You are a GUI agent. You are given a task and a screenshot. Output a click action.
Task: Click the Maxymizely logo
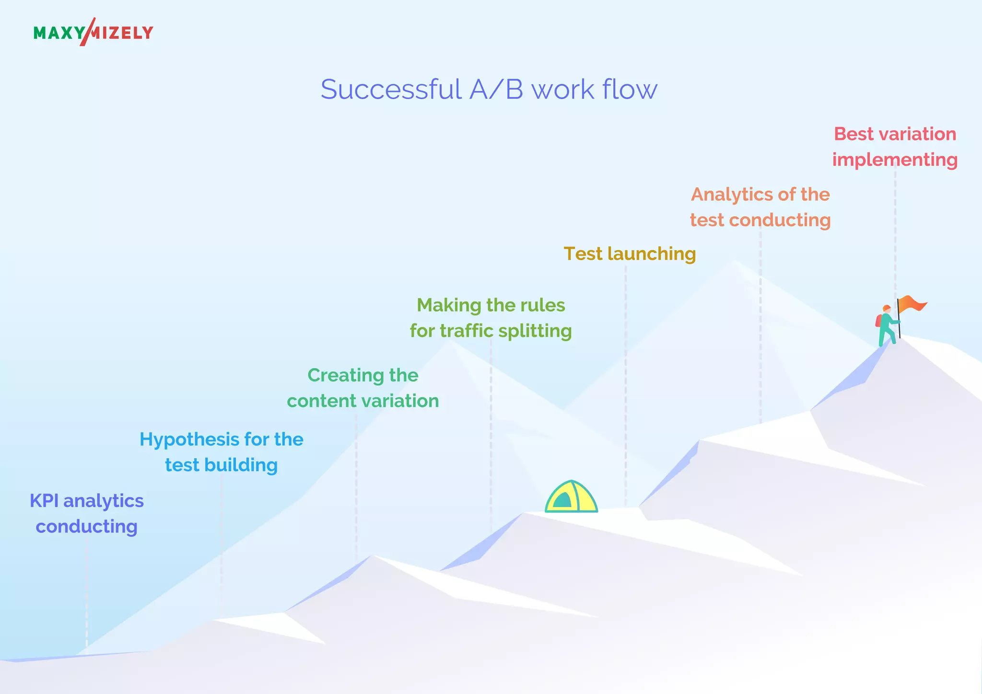[93, 32]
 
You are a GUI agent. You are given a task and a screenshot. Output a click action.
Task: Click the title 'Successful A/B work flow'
[489, 89]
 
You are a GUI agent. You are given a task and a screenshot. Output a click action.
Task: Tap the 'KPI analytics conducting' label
[87, 513]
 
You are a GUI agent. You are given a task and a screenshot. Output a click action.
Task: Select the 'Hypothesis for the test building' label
[221, 452]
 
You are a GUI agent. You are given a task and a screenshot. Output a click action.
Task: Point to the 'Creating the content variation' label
[362, 388]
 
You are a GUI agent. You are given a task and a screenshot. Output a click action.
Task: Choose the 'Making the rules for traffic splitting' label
[491, 318]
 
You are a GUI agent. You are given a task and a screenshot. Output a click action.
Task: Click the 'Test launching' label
[629, 254]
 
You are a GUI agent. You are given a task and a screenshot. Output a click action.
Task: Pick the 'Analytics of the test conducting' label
[760, 207]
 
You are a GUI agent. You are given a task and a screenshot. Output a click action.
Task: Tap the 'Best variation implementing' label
[895, 147]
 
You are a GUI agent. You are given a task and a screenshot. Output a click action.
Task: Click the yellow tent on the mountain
[571, 497]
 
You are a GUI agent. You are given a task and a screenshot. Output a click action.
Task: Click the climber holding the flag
[887, 326]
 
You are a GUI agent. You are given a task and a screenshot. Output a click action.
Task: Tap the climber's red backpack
[878, 321]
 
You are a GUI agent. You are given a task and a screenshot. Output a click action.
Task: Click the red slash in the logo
[87, 32]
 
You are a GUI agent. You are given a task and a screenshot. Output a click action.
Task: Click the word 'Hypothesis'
[189, 440]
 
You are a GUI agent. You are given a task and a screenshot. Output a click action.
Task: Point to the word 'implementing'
[895, 160]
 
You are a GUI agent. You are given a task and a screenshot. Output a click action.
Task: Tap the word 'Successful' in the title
[391, 89]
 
